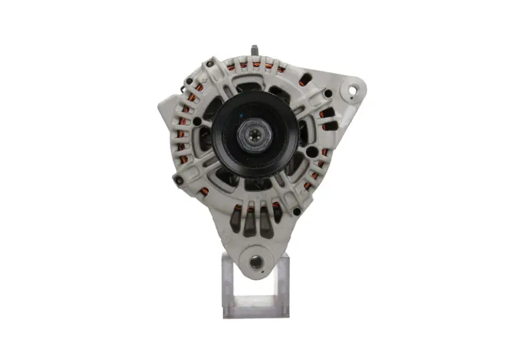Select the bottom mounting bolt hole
[256, 262]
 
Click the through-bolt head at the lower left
[177, 180]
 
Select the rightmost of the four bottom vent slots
[275, 217]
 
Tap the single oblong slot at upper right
[304, 80]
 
